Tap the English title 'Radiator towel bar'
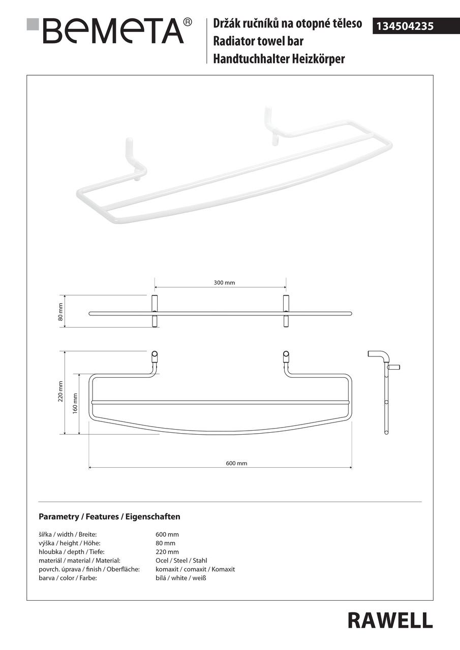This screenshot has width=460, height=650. click(258, 41)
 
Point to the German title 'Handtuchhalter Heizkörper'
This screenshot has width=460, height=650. click(279, 59)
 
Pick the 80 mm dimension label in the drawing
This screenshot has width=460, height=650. click(60, 312)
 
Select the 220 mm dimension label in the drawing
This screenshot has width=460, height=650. click(60, 391)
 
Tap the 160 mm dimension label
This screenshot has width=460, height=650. click(75, 403)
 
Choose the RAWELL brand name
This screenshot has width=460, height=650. click(390, 620)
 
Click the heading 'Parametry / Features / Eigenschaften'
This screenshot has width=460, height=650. click(109, 516)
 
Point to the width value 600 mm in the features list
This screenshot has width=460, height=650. click(167, 534)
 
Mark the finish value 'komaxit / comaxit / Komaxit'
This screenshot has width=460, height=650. click(195, 569)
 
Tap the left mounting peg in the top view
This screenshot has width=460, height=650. click(155, 311)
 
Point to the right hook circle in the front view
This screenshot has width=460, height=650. click(286, 354)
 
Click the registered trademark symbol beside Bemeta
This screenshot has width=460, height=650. click(188, 22)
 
